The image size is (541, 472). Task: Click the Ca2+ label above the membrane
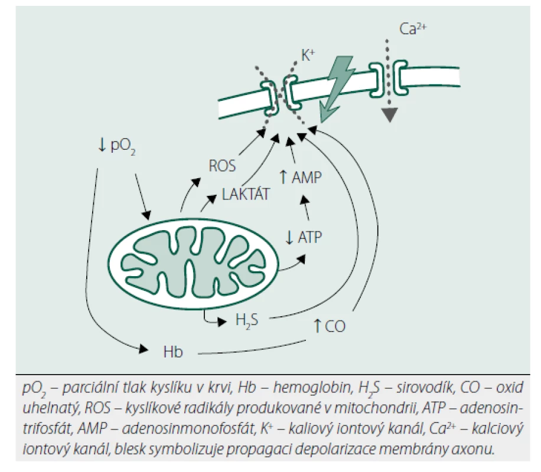[x=413, y=29]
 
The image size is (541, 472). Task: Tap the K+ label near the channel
[x=308, y=55]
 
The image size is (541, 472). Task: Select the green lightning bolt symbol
[x=337, y=89]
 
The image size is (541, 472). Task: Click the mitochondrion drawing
[x=193, y=264]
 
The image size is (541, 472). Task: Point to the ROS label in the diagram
[x=222, y=166]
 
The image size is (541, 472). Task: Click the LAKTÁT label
[x=245, y=195]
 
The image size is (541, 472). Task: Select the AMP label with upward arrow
[x=300, y=177]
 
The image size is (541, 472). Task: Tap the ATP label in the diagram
[x=304, y=238]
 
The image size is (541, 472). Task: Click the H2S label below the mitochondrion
[x=247, y=320]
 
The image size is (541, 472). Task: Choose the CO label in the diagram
[x=329, y=326]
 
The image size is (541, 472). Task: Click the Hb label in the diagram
[x=173, y=352]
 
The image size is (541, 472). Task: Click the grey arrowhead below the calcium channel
[x=390, y=115]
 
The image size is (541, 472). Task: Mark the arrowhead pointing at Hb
[x=144, y=349]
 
